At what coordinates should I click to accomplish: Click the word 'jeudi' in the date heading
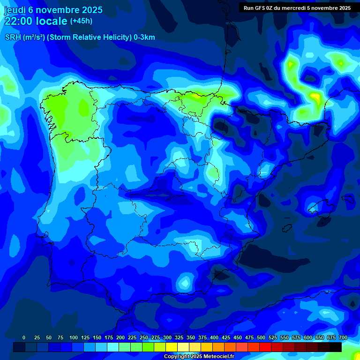click(x=15, y=10)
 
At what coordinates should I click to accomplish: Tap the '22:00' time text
click(x=19, y=21)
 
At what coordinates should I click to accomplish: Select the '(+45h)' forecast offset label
click(x=81, y=21)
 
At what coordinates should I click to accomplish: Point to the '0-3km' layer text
click(x=144, y=37)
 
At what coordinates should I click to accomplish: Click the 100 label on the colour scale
click(x=73, y=338)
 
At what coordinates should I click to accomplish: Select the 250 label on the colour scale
click(x=143, y=338)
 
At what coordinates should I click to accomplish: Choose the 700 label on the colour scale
click(x=343, y=338)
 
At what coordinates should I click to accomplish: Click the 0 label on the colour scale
click(x=24, y=338)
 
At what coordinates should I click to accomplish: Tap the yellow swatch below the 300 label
click(x=171, y=347)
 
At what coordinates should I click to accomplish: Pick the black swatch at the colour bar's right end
click(x=335, y=347)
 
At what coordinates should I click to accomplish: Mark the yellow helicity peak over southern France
click(x=315, y=97)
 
